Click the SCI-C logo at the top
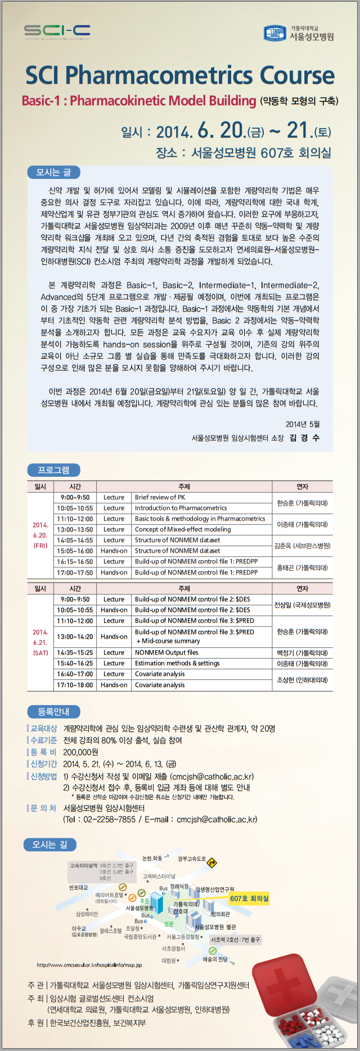57,31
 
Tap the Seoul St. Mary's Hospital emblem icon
275,33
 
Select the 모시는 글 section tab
53,172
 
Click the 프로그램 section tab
53,470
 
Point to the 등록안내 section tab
53,711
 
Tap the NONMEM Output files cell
166,652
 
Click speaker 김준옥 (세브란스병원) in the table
302,545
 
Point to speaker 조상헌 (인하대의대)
302,679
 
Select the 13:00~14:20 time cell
75,637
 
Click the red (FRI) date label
40,545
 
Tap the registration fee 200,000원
80,752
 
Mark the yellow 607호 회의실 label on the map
249,899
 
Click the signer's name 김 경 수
304,437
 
